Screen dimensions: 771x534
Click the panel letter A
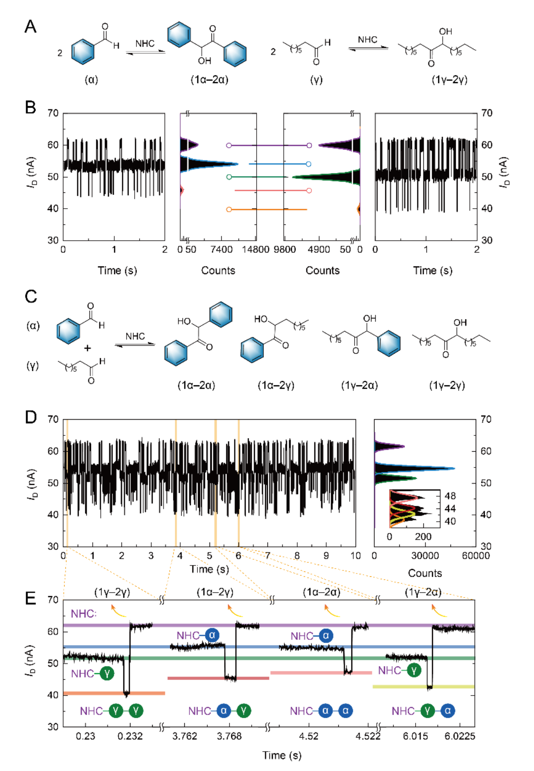[x=30, y=27]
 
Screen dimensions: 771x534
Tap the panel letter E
[x=30, y=598]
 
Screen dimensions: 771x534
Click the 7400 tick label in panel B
[x=221, y=250]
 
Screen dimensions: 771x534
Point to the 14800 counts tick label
[x=256, y=250]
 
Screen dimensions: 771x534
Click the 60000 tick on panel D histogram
[x=476, y=556]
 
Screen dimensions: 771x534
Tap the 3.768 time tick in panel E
[x=230, y=736]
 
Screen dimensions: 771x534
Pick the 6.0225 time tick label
[x=460, y=736]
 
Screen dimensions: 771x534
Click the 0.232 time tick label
[x=130, y=736]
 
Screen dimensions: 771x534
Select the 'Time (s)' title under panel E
[x=282, y=755]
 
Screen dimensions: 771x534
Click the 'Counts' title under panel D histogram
[x=425, y=573]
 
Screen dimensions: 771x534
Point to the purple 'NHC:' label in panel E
[x=84, y=613]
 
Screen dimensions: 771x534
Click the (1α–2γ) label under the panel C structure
[x=276, y=385]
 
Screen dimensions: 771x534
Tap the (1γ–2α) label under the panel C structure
[x=360, y=385]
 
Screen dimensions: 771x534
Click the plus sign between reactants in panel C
[x=87, y=348]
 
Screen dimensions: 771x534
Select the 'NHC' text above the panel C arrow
[x=135, y=336]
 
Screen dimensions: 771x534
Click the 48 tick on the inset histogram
[x=450, y=495]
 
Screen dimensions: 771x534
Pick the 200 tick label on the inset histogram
[x=423, y=537]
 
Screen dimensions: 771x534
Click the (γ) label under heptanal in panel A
[x=316, y=80]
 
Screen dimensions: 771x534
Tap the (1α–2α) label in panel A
[x=209, y=80]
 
